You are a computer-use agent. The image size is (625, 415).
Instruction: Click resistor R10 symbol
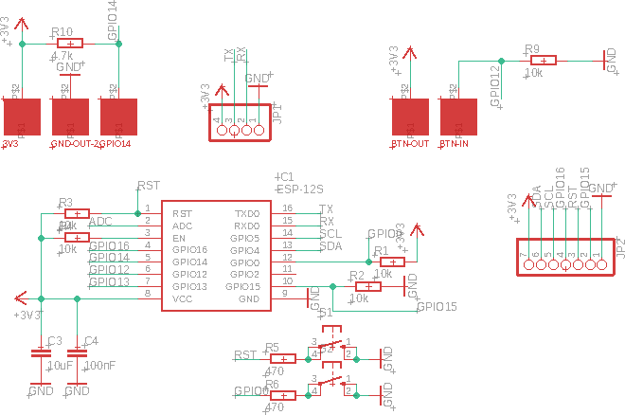tap(70, 44)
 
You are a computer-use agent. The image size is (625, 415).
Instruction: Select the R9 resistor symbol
tap(543, 60)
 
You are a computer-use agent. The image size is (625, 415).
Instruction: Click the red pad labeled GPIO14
tap(118, 117)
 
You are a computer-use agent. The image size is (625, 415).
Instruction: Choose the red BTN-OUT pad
tap(411, 117)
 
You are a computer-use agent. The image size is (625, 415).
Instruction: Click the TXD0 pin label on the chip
tap(246, 214)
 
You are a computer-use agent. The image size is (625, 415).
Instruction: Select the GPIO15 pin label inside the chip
tap(242, 286)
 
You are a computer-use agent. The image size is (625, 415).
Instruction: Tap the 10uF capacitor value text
tap(60, 366)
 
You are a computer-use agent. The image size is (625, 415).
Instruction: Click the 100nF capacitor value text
tap(99, 366)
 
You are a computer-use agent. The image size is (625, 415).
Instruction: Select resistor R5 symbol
tap(283, 358)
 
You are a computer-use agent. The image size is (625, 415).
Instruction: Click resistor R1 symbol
tap(392, 262)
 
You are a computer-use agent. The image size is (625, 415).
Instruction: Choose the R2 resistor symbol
tap(366, 286)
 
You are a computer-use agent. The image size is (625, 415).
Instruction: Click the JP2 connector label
tap(620, 248)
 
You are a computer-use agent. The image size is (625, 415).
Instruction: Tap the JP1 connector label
tap(277, 114)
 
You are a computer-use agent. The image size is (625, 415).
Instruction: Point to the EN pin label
tap(178, 238)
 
